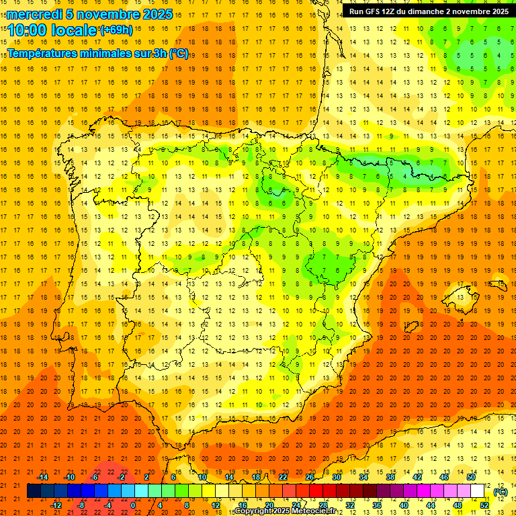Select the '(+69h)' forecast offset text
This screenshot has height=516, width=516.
tap(116, 30)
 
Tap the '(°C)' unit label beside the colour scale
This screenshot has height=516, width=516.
tap(501, 492)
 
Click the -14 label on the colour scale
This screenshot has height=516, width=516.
tap(42, 477)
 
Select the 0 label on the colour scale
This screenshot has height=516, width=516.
tap(133, 505)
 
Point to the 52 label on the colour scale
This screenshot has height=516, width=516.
tap(484, 505)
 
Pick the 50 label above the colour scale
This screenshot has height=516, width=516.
tap(471, 477)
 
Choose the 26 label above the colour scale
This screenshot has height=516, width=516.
tap(310, 477)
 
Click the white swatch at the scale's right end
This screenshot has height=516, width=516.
tap(478, 491)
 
